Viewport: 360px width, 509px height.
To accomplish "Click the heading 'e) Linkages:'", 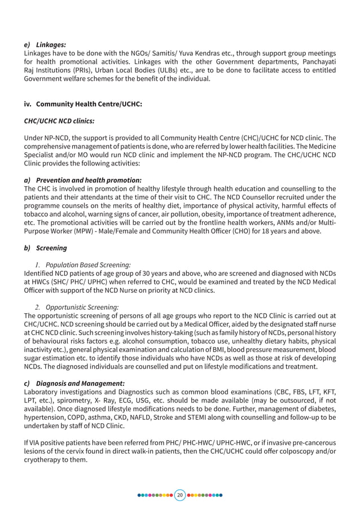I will pos(45,44).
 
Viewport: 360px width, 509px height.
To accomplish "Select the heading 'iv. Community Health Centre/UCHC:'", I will pos(83,104).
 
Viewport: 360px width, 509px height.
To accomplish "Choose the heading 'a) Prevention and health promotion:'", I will pos(82,180).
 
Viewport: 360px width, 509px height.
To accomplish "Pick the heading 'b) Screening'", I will pos(45,248).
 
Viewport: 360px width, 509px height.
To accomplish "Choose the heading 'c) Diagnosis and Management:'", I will pos(74,383).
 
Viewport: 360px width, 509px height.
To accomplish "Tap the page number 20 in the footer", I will pos(180,495).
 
